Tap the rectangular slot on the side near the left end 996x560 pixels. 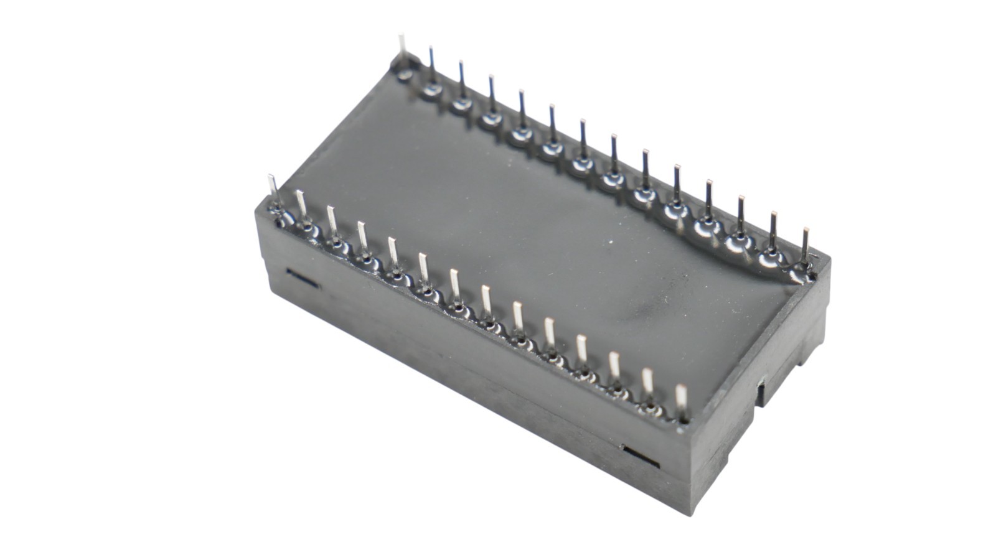click(x=301, y=277)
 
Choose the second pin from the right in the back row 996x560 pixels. click(x=773, y=228)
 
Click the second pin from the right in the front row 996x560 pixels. click(x=647, y=380)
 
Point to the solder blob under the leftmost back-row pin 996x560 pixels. click(x=405, y=75)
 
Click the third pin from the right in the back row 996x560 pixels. click(x=741, y=212)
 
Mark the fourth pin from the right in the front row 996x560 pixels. click(x=582, y=347)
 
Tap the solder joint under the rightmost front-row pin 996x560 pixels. click(x=682, y=418)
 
